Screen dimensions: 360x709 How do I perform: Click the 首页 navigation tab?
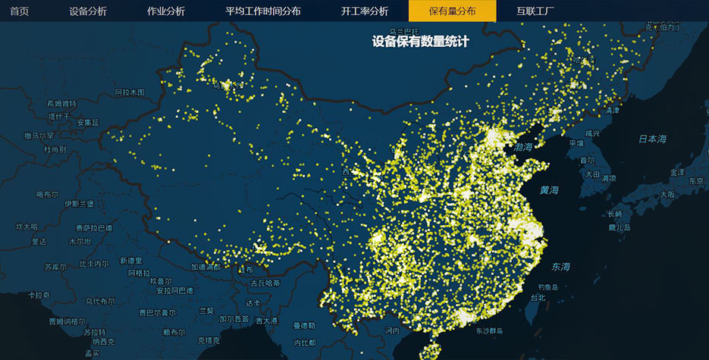pyautogui.click(x=19, y=11)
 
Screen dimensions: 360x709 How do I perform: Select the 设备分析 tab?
pyautogui.click(x=87, y=11)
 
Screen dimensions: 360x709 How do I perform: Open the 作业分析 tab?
pyautogui.click(x=165, y=11)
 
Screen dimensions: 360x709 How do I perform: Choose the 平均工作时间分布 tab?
pyautogui.click(x=262, y=11)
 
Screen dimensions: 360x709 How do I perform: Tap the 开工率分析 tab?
pyautogui.click(x=364, y=11)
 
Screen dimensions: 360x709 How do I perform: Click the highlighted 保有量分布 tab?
pyautogui.click(x=452, y=11)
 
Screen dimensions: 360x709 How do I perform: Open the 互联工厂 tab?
pyautogui.click(x=535, y=11)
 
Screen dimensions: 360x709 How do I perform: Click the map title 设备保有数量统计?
pyautogui.click(x=420, y=42)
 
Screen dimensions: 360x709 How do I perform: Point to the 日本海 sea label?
pyautogui.click(x=652, y=139)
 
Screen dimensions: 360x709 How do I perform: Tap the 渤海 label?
pyautogui.click(x=523, y=146)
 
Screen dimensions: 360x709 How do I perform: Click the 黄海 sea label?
pyautogui.click(x=549, y=189)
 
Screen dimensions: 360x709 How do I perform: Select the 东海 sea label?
pyautogui.click(x=561, y=267)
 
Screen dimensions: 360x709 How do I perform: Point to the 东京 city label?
pyautogui.click(x=696, y=181)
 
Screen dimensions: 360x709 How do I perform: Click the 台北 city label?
pyautogui.click(x=537, y=298)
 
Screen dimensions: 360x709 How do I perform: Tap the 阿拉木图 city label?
pyautogui.click(x=130, y=92)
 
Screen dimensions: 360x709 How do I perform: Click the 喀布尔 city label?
pyautogui.click(x=47, y=194)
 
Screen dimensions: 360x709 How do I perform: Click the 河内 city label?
pyautogui.click(x=391, y=330)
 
